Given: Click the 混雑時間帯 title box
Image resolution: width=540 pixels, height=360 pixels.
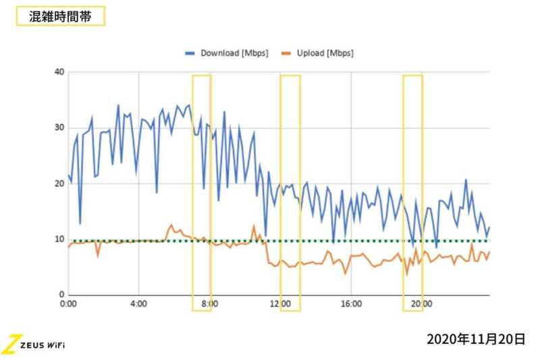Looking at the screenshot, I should [59, 16].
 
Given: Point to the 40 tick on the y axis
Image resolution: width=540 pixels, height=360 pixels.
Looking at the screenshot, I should [59, 72].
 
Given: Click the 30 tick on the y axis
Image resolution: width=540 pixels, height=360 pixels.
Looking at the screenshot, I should [59, 128].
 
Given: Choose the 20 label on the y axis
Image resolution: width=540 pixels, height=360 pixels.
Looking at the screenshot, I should [59, 184].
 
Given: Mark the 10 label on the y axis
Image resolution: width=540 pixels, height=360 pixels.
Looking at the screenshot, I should [59, 239].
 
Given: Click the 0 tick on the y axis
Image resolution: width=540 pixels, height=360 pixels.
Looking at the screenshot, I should [62, 295].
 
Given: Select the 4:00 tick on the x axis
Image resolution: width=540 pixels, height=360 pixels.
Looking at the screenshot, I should [138, 304].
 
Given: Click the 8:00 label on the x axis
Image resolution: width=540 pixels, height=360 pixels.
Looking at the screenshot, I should [209, 304].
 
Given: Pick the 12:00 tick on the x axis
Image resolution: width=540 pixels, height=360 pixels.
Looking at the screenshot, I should [280, 304].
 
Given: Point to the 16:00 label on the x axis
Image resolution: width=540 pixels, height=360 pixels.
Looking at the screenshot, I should [352, 304].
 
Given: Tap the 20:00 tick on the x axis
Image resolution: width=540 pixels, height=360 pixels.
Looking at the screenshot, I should [423, 304].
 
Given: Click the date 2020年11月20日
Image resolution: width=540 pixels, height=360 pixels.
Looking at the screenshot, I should [475, 338].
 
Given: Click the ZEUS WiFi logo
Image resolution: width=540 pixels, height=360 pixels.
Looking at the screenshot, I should [34, 343].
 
